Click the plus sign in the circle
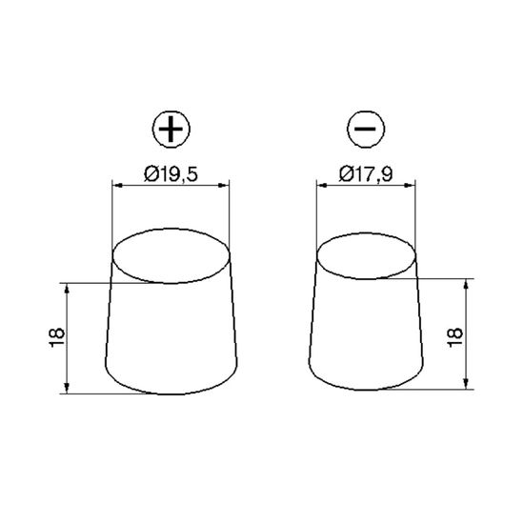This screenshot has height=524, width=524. coord(171,129)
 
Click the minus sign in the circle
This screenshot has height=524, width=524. coord(366,129)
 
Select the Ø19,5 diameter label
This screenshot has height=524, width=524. coord(171,174)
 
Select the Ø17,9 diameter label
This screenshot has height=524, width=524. coord(366,174)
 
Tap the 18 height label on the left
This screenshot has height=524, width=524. coord(57,338)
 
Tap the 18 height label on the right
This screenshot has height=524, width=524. coord(455,338)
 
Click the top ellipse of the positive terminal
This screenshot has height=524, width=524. coord(171,229)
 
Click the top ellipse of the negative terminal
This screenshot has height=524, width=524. coord(366,233)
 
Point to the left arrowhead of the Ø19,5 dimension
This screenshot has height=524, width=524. coord(117,186)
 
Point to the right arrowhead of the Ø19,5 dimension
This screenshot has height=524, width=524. coord(225,186)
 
